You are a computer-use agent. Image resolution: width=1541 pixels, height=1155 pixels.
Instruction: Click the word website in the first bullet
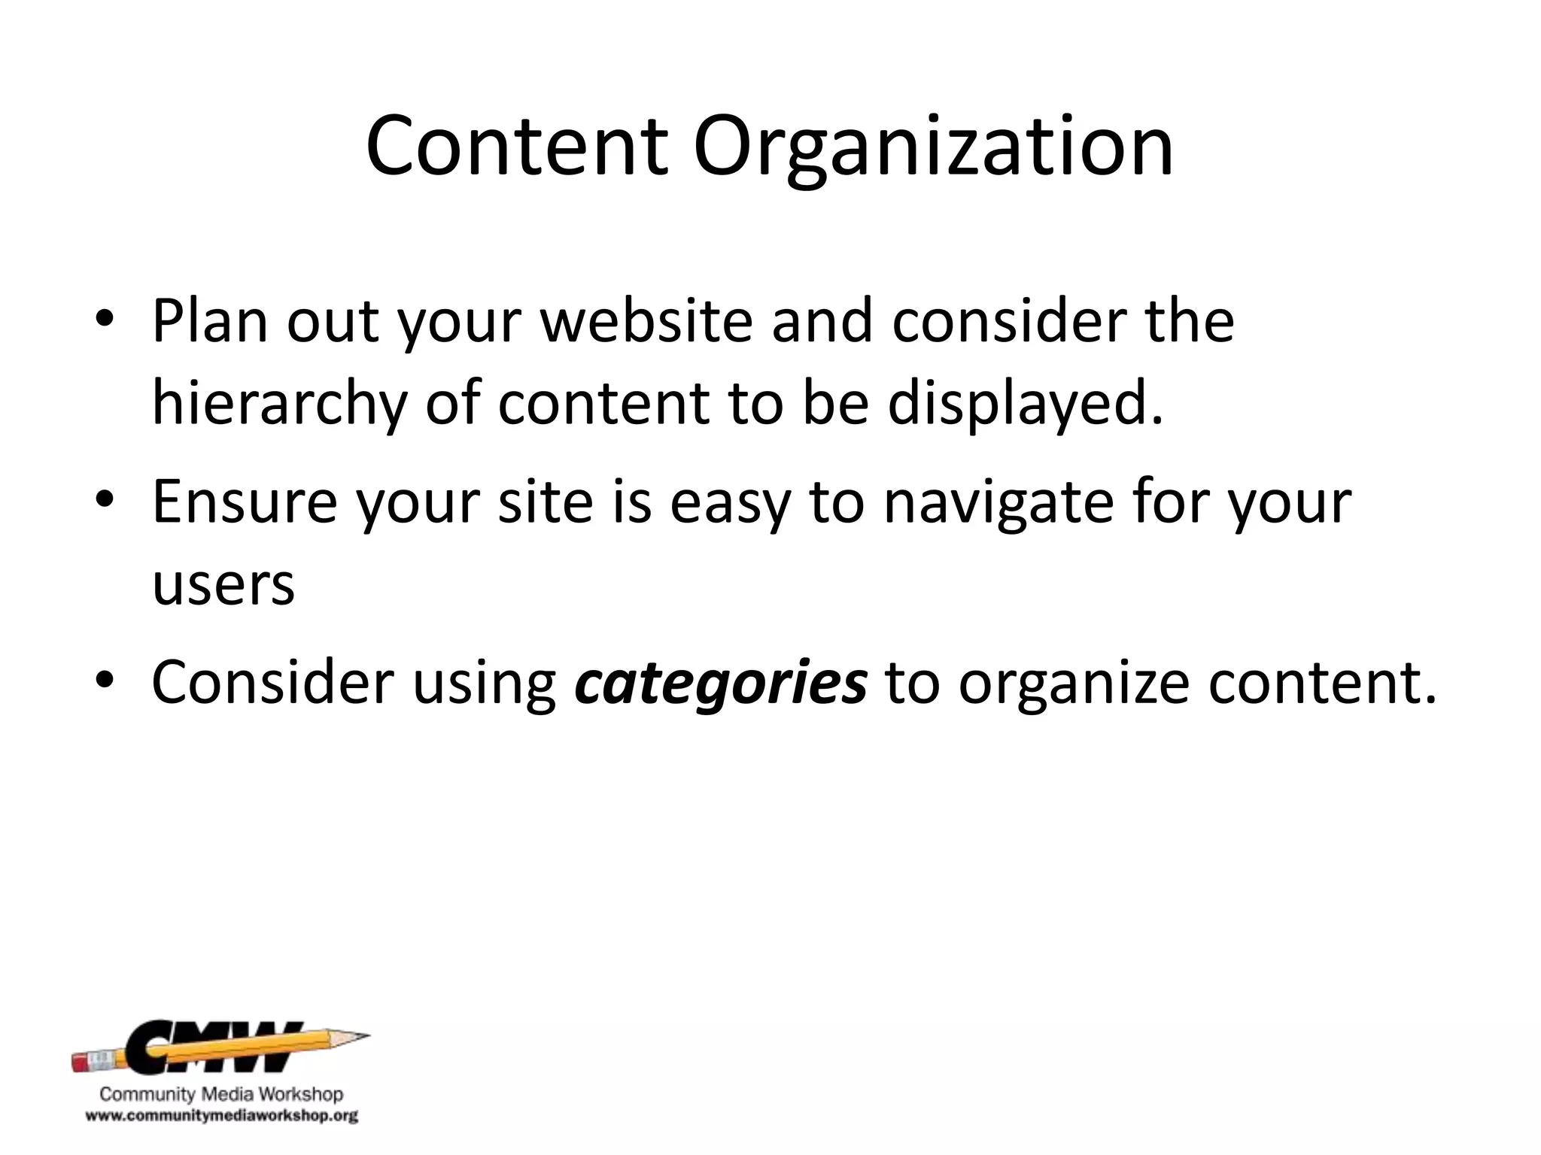(647, 321)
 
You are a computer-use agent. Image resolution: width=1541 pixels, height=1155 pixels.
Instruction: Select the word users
(223, 586)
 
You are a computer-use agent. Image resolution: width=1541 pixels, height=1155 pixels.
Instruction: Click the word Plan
(210, 321)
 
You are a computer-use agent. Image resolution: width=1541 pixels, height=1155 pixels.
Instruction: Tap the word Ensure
(245, 502)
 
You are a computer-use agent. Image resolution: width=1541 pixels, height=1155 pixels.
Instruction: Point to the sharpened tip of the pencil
(361, 1036)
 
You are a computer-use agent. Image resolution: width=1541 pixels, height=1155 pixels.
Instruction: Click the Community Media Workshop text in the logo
(221, 1094)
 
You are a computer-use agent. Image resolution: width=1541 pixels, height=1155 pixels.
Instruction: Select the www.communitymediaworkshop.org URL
(221, 1116)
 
